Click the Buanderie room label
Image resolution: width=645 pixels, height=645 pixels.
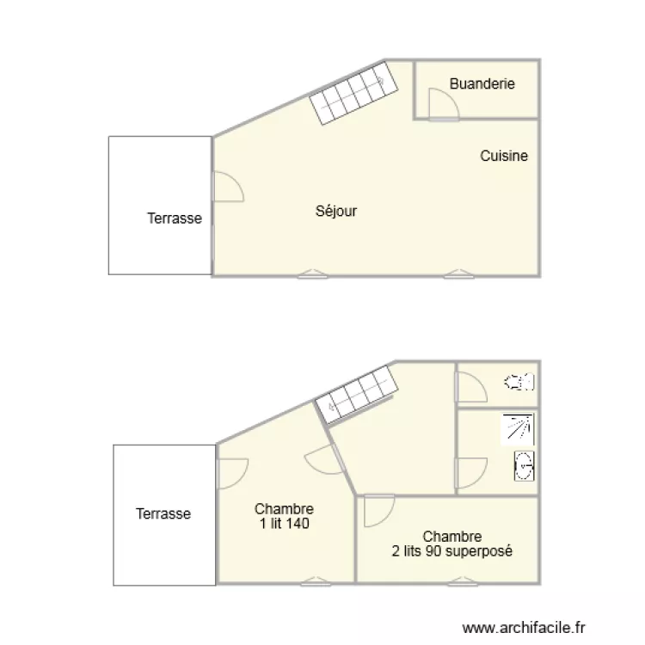pos(482,83)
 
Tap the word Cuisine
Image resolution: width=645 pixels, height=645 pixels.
pos(504,156)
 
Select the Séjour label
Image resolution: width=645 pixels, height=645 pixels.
pos(336,211)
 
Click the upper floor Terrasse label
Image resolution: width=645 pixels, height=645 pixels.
pos(175,218)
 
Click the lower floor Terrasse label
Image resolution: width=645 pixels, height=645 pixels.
pos(163,513)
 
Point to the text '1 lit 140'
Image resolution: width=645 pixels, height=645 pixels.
pos(284,523)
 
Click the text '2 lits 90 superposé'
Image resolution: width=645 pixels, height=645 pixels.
pos(452,551)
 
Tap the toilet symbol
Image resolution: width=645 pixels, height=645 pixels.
pos(519,382)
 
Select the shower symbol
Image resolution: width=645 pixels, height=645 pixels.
pos(517,429)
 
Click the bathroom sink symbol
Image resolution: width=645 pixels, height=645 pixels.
pos(524,466)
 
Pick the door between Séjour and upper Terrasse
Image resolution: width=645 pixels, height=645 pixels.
pos(226,187)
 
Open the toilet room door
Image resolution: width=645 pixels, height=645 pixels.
pos(470,388)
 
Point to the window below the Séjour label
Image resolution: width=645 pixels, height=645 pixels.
pos(312,274)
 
